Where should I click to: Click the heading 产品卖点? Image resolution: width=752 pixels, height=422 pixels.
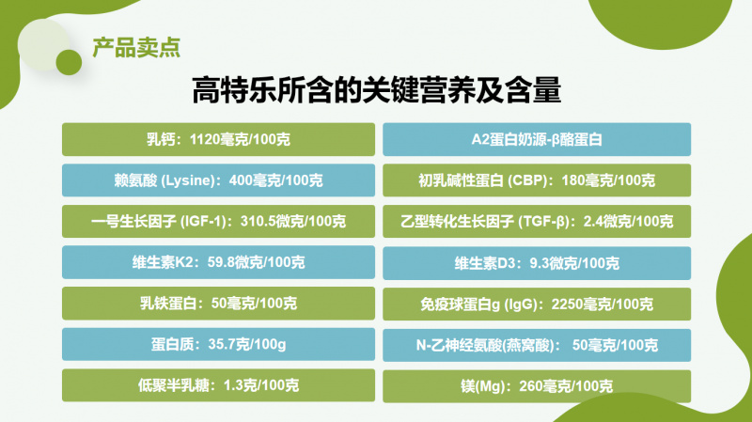[x=136, y=48]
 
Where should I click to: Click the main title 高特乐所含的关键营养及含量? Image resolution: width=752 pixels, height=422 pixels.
[x=377, y=89]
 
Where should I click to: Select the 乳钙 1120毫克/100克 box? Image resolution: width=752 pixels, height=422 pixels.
[x=218, y=139]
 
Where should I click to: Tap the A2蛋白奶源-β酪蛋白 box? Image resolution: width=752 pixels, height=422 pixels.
[x=537, y=139]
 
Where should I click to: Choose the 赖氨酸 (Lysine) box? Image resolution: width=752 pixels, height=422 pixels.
[x=218, y=180]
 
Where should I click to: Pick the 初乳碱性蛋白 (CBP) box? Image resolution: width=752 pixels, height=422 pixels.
[x=537, y=180]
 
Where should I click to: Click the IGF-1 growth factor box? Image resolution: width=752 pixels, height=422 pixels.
[x=218, y=222]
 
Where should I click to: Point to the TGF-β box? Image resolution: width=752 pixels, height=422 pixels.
[x=537, y=222]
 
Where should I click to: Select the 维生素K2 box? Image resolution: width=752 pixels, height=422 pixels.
[x=218, y=262]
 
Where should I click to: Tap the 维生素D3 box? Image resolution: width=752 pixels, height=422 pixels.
[x=537, y=263]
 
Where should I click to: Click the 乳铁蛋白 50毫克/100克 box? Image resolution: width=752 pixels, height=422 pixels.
[x=218, y=304]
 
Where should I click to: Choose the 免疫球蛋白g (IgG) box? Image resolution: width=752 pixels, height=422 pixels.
[x=537, y=304]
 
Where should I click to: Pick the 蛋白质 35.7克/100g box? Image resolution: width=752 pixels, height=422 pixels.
[x=218, y=344]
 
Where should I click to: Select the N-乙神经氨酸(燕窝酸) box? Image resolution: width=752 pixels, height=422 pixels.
[x=537, y=345]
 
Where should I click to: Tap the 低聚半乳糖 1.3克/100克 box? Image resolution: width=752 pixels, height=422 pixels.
[x=218, y=385]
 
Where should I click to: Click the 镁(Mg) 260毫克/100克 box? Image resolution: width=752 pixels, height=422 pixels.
[x=537, y=386]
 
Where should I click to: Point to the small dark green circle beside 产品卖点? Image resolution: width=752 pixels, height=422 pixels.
[x=69, y=62]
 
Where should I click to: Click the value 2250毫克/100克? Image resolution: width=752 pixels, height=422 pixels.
[x=603, y=304]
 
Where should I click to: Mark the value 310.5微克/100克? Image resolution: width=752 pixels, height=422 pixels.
[x=293, y=222]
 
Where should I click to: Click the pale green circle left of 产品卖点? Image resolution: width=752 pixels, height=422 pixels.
[x=42, y=44]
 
